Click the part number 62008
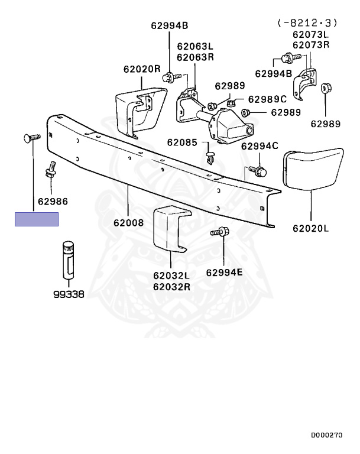pyautogui.click(x=128, y=223)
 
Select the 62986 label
pyautogui.click(x=53, y=202)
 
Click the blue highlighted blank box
pyautogui.click(x=37, y=219)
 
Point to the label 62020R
pyautogui.click(x=142, y=69)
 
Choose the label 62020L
pyautogui.click(x=310, y=227)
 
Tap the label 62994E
pyautogui.click(x=225, y=273)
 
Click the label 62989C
pyautogui.click(x=267, y=99)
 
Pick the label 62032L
pyautogui.click(x=171, y=275)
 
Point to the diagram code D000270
pyautogui.click(x=327, y=435)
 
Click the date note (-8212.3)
pyautogui.click(x=307, y=23)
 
